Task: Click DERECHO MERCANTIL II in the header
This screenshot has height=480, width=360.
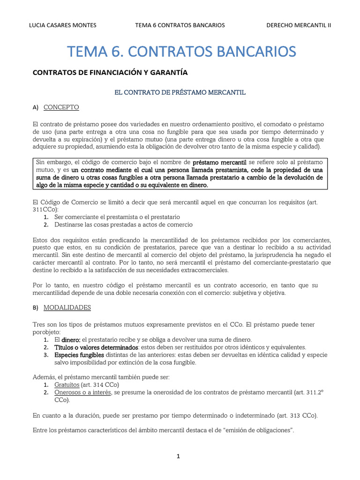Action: coord(299,25)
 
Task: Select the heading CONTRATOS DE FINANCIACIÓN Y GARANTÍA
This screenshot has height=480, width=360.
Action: coord(109,73)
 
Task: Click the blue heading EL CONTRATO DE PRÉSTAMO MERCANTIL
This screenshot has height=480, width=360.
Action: coord(180,92)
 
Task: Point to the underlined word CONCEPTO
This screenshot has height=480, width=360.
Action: coord(61,107)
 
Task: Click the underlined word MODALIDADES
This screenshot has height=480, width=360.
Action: coord(67,307)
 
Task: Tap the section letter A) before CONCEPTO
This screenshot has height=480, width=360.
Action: coord(36,107)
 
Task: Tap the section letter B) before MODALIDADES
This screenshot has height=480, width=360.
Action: coord(36,307)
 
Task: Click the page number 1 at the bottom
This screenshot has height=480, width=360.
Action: coord(179,456)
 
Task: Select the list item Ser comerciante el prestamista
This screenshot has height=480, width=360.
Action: coord(117,217)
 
